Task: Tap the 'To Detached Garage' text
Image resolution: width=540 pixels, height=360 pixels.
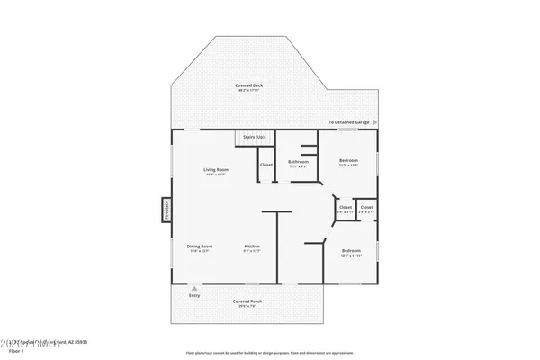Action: (348, 122)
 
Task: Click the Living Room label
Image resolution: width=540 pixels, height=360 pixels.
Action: (215, 169)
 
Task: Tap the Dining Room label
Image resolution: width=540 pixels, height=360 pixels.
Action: (200, 247)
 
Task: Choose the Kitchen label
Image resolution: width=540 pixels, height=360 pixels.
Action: (252, 247)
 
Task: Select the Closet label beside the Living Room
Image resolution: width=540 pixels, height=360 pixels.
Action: (266, 165)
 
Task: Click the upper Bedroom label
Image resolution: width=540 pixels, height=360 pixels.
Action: (348, 160)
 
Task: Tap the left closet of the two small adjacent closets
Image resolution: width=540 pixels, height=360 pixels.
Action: (346, 208)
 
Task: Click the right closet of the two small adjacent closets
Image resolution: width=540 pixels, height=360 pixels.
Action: (367, 208)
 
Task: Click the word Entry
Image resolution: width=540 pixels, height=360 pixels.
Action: (194, 295)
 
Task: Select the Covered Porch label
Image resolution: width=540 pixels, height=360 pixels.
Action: (246, 301)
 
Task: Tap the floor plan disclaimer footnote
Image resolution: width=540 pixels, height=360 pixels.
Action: (274, 352)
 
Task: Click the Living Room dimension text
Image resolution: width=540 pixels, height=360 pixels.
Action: (215, 175)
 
